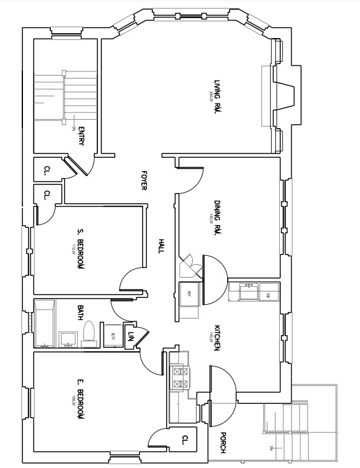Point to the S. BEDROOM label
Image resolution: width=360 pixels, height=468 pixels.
80,249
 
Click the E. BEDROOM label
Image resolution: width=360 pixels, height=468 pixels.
80,400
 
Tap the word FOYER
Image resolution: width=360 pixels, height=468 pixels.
144,180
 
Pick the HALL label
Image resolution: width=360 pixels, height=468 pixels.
161,244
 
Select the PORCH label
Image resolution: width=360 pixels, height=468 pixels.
223,443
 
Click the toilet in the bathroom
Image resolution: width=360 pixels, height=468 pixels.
89,334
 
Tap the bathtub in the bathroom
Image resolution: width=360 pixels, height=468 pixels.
45,324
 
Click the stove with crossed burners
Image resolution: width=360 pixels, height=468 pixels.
179,378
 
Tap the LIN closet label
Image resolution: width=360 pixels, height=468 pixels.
130,336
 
